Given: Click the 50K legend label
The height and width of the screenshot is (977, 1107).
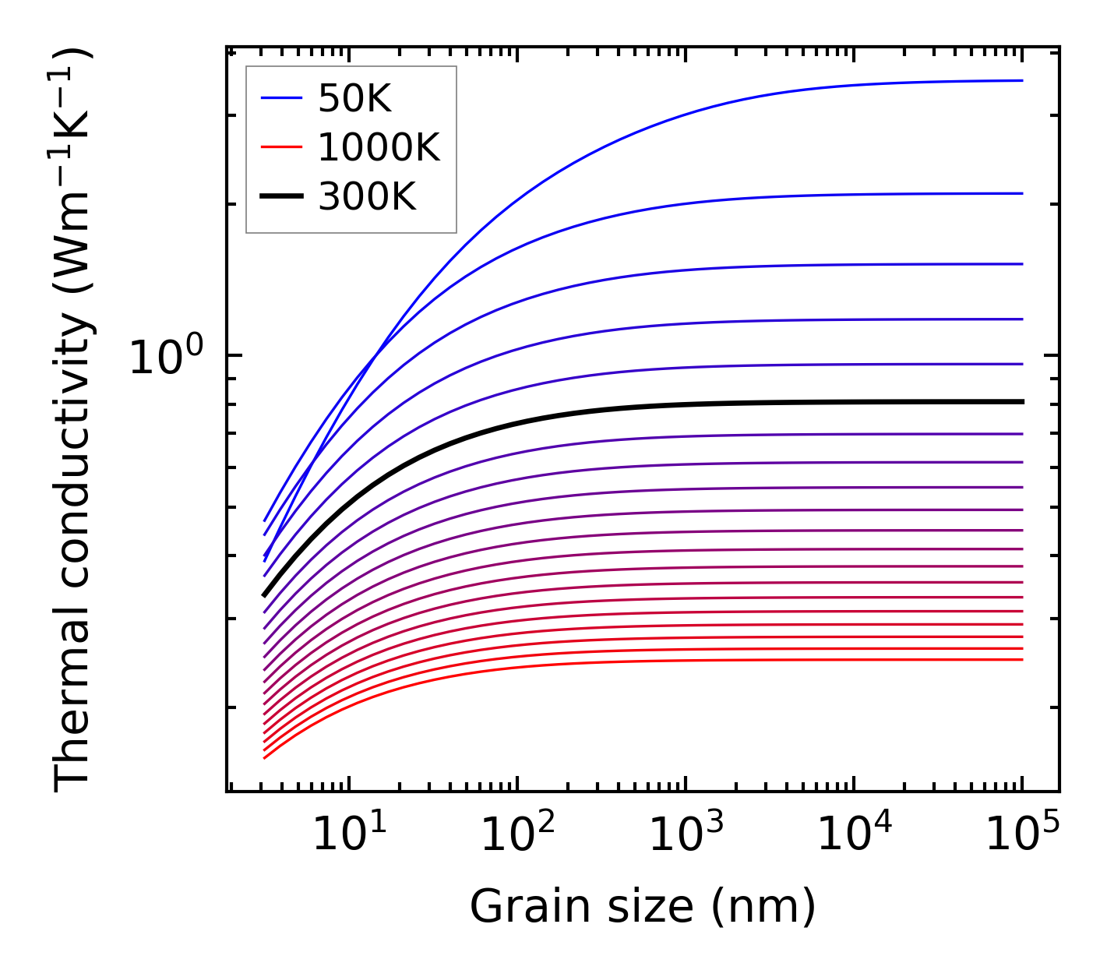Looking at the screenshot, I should pos(354,99).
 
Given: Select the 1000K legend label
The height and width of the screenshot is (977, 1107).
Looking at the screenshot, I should pos(379,147).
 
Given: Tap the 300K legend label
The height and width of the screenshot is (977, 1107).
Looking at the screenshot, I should pos(367,197).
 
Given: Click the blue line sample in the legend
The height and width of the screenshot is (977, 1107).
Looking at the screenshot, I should pos(281,98).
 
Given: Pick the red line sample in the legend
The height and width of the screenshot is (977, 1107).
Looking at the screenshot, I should pos(281,146).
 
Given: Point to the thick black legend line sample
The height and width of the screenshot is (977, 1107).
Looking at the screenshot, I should pos(281,196).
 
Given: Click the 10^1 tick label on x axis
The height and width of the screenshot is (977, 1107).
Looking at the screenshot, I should pos(349,835).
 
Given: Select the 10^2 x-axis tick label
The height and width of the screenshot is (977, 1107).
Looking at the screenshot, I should pos(517,835).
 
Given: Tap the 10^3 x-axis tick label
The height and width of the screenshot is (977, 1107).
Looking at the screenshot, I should pos(686,835).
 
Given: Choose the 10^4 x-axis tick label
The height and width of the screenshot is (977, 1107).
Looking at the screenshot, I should pos(854,835).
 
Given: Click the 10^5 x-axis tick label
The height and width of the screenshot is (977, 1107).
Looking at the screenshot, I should pos(1022,835).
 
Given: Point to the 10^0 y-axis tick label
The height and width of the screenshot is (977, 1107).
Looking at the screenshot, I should pos(166,357).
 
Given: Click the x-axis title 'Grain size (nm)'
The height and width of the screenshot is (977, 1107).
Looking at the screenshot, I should pos(643,907).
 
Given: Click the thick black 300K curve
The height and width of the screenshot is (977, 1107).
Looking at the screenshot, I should pos(623,407).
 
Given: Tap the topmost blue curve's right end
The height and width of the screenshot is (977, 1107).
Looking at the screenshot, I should pos(1021,80).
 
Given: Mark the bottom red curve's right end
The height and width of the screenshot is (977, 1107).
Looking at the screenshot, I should pos(1021,660).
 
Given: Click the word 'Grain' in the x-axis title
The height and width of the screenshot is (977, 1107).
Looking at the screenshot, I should pos(516,907).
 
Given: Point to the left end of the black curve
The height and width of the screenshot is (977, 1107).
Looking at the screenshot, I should pos(264,595).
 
